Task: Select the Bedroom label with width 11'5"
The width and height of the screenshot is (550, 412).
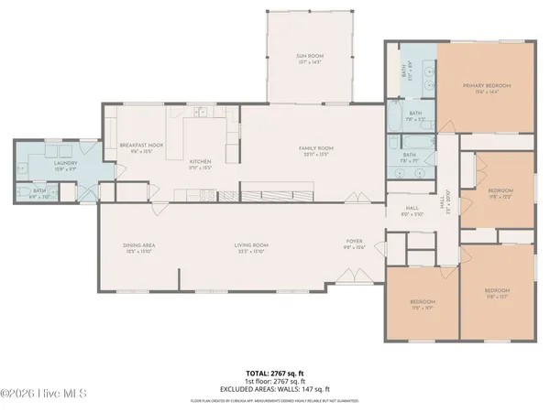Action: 422,305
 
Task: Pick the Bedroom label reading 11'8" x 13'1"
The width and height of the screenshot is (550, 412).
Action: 497,294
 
